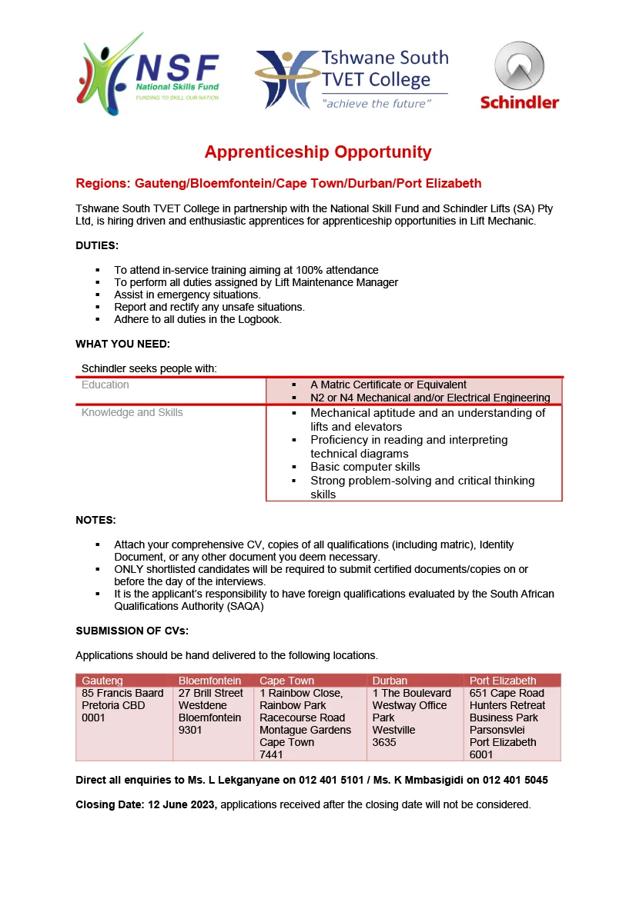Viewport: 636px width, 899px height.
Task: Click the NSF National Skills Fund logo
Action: pyautogui.click(x=148, y=74)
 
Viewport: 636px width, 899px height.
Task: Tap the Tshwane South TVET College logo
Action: pyautogui.click(x=351, y=79)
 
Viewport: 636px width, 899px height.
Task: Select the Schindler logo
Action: pyautogui.click(x=520, y=76)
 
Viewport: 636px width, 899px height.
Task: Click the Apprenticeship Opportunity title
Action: pyautogui.click(x=318, y=151)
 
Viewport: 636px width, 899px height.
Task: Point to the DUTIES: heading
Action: pyautogui.click(x=97, y=246)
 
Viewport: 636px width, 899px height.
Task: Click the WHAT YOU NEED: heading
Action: pyautogui.click(x=122, y=344)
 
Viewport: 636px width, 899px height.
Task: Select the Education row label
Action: pyautogui.click(x=105, y=385)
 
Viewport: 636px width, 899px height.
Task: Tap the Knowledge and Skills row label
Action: pyautogui.click(x=132, y=413)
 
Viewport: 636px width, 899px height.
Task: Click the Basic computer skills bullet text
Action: pyautogui.click(x=365, y=467)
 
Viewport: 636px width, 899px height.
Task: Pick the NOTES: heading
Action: pyautogui.click(x=95, y=521)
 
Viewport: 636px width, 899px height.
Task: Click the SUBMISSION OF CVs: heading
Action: pyautogui.click(x=132, y=631)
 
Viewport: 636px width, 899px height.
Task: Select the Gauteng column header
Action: pyautogui.click(x=102, y=681)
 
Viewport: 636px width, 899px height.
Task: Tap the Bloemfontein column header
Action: pyautogui.click(x=209, y=681)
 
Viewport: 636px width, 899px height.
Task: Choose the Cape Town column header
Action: pyautogui.click(x=286, y=681)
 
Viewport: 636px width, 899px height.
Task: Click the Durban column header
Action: pyautogui.click(x=390, y=681)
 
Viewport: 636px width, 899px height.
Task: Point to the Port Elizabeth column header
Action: pyautogui.click(x=503, y=681)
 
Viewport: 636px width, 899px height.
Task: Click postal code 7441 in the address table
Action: pyautogui.click(x=271, y=754)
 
